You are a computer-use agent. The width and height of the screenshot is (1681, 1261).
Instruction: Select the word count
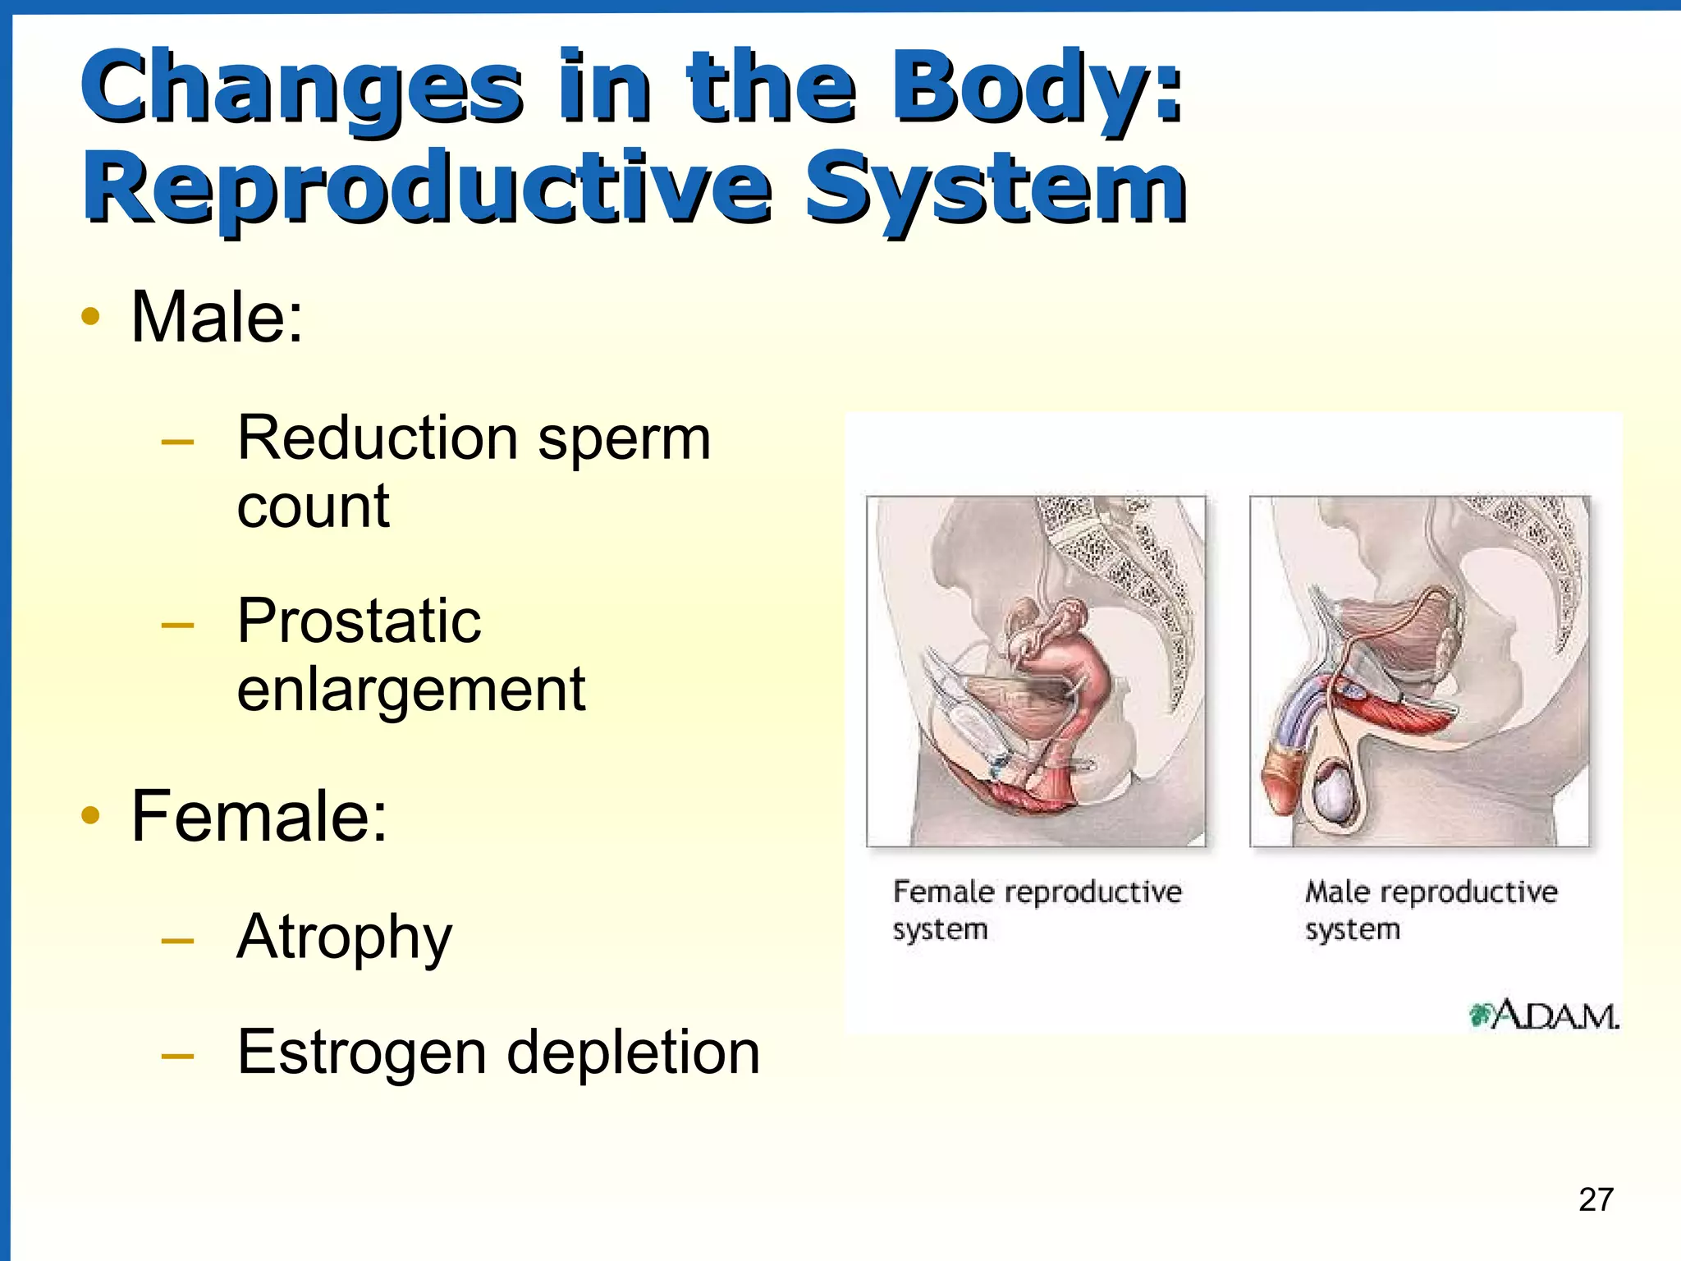coord(313,507)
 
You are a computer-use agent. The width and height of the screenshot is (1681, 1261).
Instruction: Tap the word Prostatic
coord(359,621)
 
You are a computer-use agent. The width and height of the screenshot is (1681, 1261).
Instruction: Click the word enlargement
coord(410,690)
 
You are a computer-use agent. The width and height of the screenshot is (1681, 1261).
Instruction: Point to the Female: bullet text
coord(259,816)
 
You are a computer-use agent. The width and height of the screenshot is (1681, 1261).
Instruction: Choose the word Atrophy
coord(344,938)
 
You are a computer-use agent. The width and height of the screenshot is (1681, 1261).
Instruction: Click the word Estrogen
coord(361,1053)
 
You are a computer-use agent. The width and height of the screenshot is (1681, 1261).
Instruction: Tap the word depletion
coord(633,1053)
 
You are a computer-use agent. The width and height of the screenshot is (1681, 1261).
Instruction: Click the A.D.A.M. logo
coord(1543,1016)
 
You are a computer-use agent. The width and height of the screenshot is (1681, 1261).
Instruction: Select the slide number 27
coord(1596,1199)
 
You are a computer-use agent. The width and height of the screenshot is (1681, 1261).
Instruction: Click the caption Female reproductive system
coord(1036,910)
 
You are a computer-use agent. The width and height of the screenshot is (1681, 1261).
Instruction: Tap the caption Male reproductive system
coord(1430,910)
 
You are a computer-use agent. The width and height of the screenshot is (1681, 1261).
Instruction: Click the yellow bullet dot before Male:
coord(90,317)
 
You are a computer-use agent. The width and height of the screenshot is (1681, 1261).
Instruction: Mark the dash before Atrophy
coord(178,940)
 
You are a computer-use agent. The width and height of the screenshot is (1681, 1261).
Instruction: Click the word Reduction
coord(377,438)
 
